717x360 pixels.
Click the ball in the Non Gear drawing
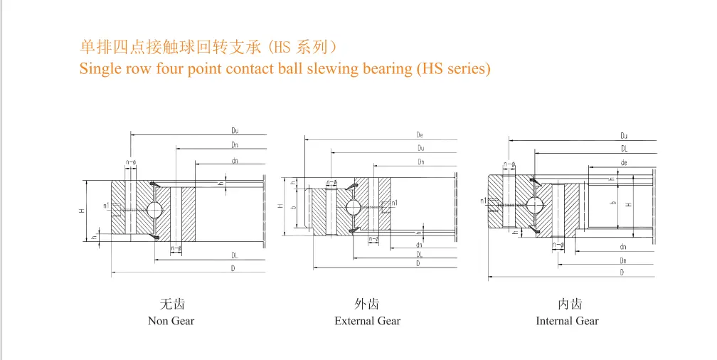pyautogui.click(x=154, y=209)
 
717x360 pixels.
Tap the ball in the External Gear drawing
pyautogui.click(x=353, y=207)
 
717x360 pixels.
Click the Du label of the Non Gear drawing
pyautogui.click(x=234, y=131)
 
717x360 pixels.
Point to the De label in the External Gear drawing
pyautogui.click(x=420, y=134)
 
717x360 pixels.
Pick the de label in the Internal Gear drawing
pyautogui.click(x=624, y=163)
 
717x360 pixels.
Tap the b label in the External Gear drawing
pyautogui.click(x=292, y=206)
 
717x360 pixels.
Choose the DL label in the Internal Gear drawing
pyautogui.click(x=624, y=149)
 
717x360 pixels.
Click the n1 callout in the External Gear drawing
pyautogui.click(x=393, y=203)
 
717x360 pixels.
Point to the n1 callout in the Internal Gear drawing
pyautogui.click(x=484, y=201)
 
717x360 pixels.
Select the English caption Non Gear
pyautogui.click(x=171, y=321)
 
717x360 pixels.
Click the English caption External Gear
pyautogui.click(x=367, y=321)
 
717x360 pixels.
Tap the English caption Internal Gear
pyautogui.click(x=567, y=321)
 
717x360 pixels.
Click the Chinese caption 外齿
pyautogui.click(x=367, y=305)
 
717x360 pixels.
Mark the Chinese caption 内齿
pyautogui.click(x=570, y=305)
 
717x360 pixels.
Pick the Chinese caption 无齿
pyautogui.click(x=171, y=305)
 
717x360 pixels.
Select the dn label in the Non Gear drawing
pyautogui.click(x=234, y=160)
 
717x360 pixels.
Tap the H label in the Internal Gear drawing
pyautogui.click(x=628, y=205)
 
